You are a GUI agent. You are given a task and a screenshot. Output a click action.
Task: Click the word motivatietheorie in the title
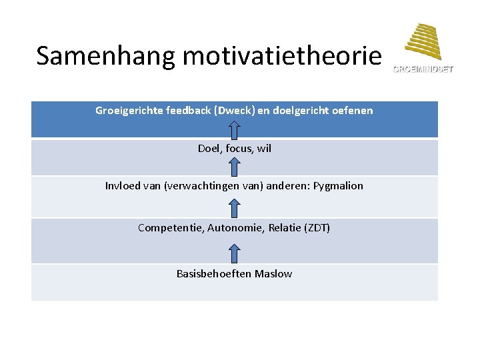tap(281, 57)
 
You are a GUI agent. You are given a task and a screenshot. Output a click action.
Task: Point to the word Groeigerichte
tap(129, 110)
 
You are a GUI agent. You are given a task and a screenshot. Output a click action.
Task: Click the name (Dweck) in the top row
tap(229, 110)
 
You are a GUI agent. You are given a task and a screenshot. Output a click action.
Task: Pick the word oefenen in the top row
tap(353, 110)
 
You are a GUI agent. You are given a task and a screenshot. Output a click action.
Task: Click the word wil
tap(265, 148)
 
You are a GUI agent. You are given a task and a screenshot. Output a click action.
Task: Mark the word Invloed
tap(123, 185)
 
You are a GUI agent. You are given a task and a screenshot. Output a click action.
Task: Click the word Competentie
tap(170, 228)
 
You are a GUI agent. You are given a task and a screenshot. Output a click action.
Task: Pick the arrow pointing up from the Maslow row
tap(235, 254)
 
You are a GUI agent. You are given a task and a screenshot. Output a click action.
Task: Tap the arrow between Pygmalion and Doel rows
tap(235, 166)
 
